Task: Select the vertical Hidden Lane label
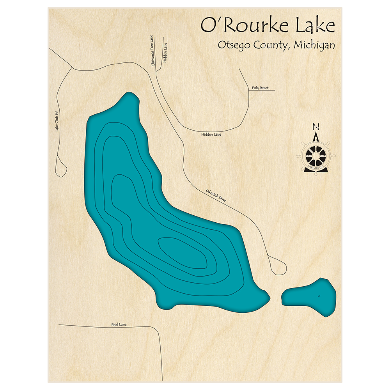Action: [x=165, y=53]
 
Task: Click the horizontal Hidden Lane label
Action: [x=211, y=134]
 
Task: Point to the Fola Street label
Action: [x=260, y=88]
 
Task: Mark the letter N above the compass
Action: [x=316, y=127]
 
